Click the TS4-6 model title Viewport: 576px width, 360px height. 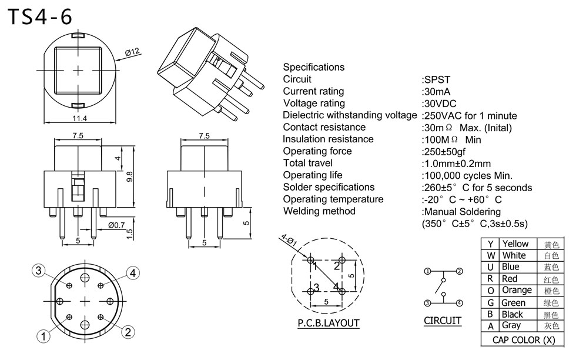pyautogui.click(x=40, y=17)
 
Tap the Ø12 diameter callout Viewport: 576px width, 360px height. pyautogui.click(x=132, y=52)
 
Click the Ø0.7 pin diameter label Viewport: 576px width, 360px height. pyautogui.click(x=117, y=225)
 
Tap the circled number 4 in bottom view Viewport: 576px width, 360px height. pyautogui.click(x=133, y=272)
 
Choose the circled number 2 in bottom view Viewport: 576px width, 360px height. pyautogui.click(x=127, y=331)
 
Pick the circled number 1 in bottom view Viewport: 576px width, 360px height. pyautogui.click(x=43, y=336)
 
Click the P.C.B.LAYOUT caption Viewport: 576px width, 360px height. pyautogui.click(x=328, y=323)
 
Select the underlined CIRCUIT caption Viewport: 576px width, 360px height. pyautogui.click(x=443, y=321)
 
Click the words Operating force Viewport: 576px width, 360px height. pyautogui.click(x=317, y=151)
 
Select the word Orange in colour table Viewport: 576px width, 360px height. pyautogui.click(x=517, y=290)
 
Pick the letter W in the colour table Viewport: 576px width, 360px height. pyautogui.click(x=490, y=255)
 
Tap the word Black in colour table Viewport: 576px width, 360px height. pyautogui.click(x=513, y=314)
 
